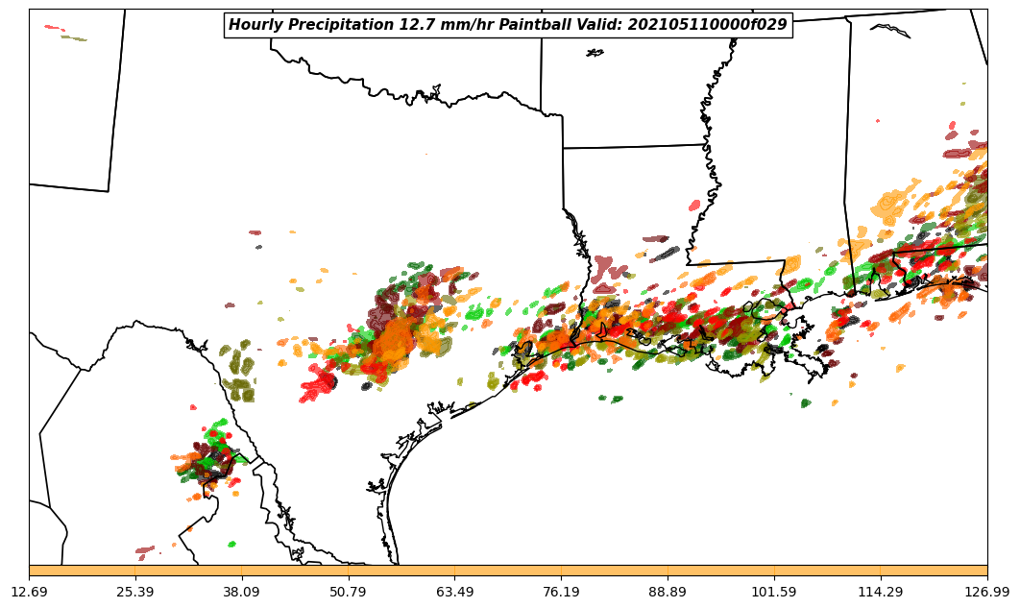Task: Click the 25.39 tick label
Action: coord(135,592)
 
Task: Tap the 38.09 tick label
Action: coord(241,592)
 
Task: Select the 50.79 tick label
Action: coord(348,592)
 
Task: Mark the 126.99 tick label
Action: coord(986,592)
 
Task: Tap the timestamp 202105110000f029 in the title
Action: coord(708,25)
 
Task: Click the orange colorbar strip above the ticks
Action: coord(508,571)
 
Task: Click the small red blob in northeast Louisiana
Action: coord(694,206)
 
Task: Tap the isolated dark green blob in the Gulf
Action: coord(805,403)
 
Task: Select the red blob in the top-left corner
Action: coord(52,28)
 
